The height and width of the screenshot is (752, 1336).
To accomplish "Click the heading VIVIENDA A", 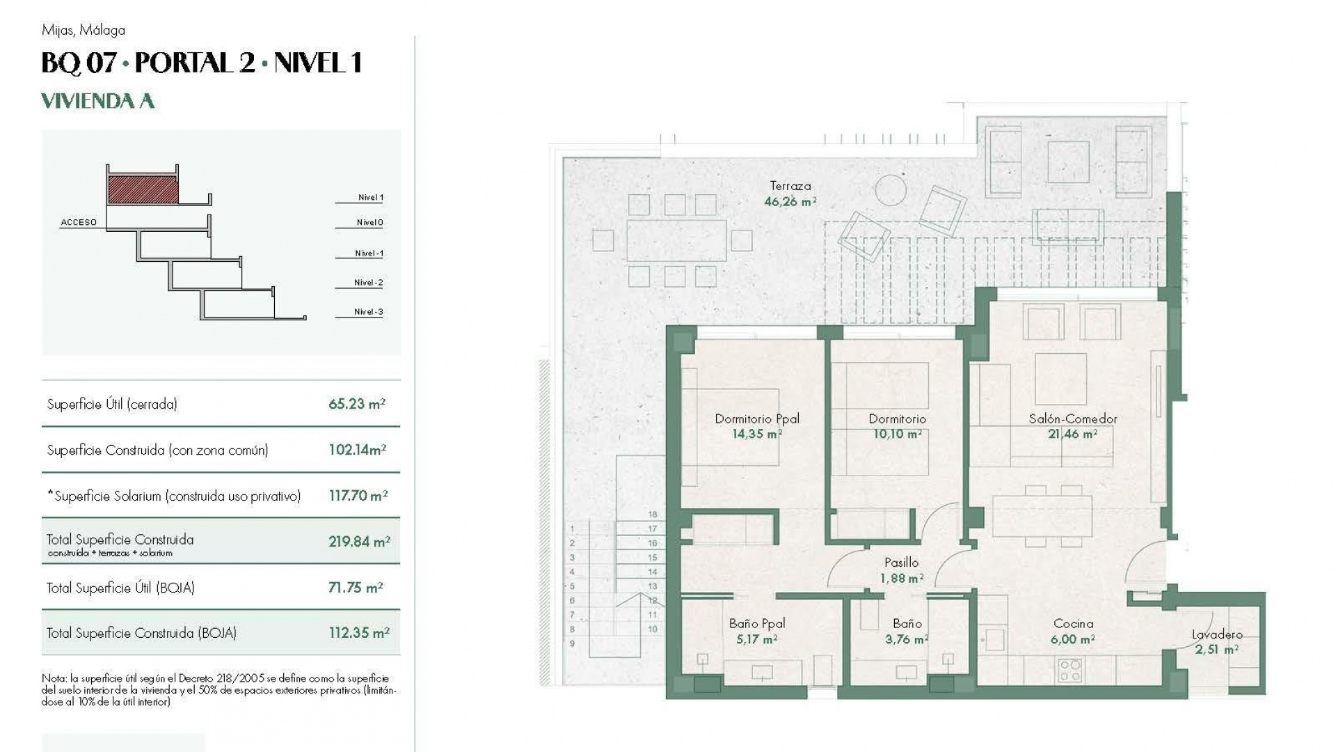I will coord(97,102).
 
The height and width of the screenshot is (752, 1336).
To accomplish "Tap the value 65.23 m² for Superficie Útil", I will coord(356,404).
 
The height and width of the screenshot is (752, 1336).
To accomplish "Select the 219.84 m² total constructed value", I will coord(359,541).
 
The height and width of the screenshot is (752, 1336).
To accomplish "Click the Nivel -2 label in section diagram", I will coord(368,283).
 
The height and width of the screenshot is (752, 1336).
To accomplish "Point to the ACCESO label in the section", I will coord(79,223).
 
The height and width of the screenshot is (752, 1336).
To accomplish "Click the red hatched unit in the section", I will coord(143,189).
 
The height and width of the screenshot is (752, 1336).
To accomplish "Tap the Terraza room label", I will coord(790,186).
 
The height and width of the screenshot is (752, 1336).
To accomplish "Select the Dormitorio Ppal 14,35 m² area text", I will coord(756,434).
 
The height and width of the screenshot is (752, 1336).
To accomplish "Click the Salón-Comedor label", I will coord(1072,418).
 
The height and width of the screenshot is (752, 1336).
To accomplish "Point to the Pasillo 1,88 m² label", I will coord(901,570).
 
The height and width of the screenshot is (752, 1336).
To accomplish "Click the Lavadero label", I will coord(1216,634).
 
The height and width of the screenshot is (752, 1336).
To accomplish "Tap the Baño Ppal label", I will coord(756,624).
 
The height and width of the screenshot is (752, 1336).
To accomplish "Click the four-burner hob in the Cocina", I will coord(1069,671).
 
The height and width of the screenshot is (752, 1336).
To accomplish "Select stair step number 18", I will coord(653,515).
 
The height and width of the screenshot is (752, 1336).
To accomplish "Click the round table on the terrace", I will coord(890,189).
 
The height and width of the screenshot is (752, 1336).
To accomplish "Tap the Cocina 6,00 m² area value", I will coord(1072,639).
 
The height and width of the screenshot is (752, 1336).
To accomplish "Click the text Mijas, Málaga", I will coord(83,30).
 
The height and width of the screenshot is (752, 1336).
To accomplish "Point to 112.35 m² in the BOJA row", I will coord(358,633).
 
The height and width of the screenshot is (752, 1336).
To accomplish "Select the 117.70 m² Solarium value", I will coord(358,496).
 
